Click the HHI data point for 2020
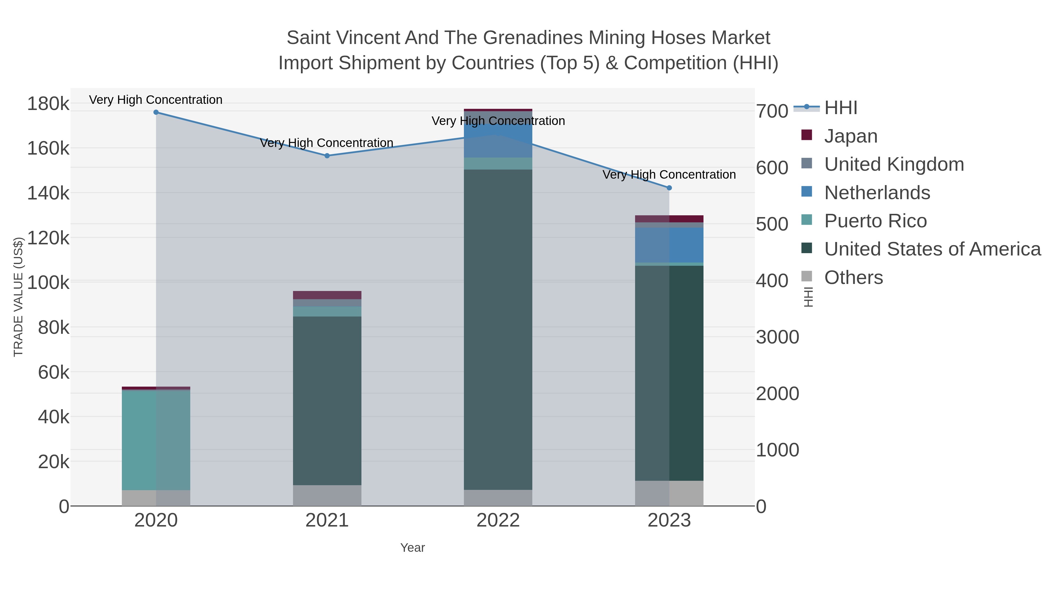coord(156,112)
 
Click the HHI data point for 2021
coord(327,156)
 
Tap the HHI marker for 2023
coord(669,188)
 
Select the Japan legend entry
coord(851,136)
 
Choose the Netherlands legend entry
coord(877,193)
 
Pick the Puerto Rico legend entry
coord(875,221)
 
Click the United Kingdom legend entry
coord(894,164)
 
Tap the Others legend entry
coord(854,277)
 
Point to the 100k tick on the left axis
coord(48,283)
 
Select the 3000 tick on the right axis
coord(777,337)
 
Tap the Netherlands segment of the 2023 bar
coord(669,245)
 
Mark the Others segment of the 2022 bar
coord(498,498)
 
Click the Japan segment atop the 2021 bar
coord(327,295)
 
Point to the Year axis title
coord(413,548)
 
